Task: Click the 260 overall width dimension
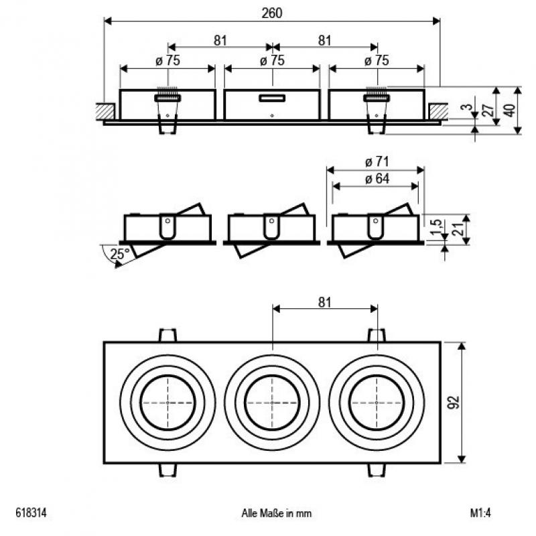coord(272,13)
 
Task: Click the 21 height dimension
coord(458,228)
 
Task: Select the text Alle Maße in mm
coord(277,514)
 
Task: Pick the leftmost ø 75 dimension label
coord(167,60)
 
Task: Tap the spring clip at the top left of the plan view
coord(167,334)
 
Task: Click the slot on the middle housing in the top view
coord(273,98)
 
